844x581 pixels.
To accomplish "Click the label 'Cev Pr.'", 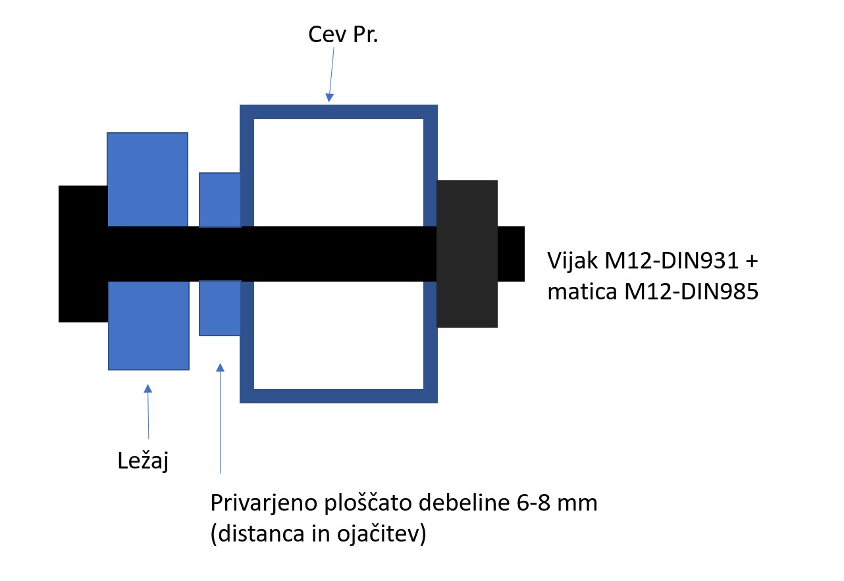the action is click(x=343, y=35).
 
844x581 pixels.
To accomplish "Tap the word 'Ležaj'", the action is click(x=143, y=461).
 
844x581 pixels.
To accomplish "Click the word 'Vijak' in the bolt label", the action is click(x=572, y=261).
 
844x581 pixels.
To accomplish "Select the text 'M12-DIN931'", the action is click(x=672, y=261).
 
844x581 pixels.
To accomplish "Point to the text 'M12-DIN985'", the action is click(x=691, y=291).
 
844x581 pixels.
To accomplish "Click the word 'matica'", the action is click(x=582, y=291).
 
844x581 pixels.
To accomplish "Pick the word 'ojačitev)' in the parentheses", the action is click(x=381, y=534).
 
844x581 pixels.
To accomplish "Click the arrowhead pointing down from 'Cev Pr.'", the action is click(x=329, y=97).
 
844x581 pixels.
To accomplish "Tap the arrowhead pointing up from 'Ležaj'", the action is click(x=147, y=389).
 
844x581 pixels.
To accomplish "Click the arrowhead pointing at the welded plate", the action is click(x=220, y=368).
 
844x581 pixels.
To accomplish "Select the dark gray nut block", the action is click(x=467, y=254).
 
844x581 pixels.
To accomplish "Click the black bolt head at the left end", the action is click(x=83, y=254).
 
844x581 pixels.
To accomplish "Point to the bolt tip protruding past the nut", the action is click(x=511, y=254).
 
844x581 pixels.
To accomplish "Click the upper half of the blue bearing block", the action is click(x=147, y=179).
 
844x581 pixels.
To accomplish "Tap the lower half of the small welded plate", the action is click(x=220, y=308).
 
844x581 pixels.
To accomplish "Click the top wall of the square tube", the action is click(x=338, y=112).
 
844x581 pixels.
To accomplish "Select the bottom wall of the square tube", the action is click(x=338, y=395).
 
